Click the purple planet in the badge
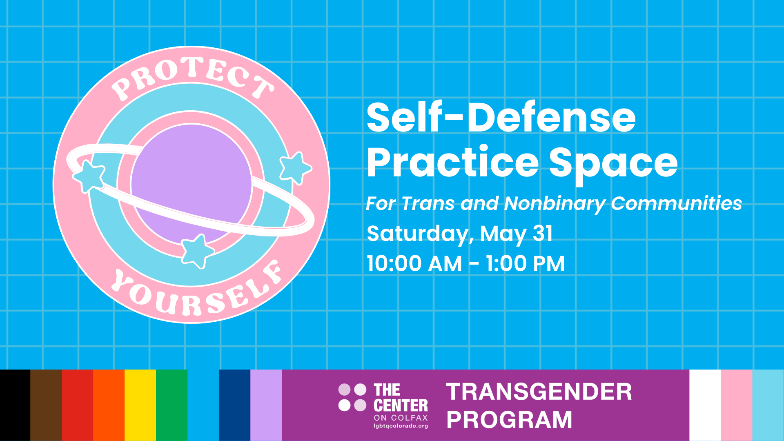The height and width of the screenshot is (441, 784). (191, 171)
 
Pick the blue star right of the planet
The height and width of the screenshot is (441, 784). (295, 167)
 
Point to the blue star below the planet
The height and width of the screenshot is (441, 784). (197, 250)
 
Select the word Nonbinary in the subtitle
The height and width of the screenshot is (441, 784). (555, 203)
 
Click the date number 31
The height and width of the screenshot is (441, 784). (543, 234)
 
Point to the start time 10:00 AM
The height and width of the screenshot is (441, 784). (414, 264)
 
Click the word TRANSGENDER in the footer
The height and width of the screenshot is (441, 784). (539, 392)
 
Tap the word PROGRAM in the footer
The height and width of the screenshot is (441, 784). (509, 420)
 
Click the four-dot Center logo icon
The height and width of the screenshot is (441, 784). (352, 397)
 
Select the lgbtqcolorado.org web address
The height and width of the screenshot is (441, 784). (401, 426)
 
